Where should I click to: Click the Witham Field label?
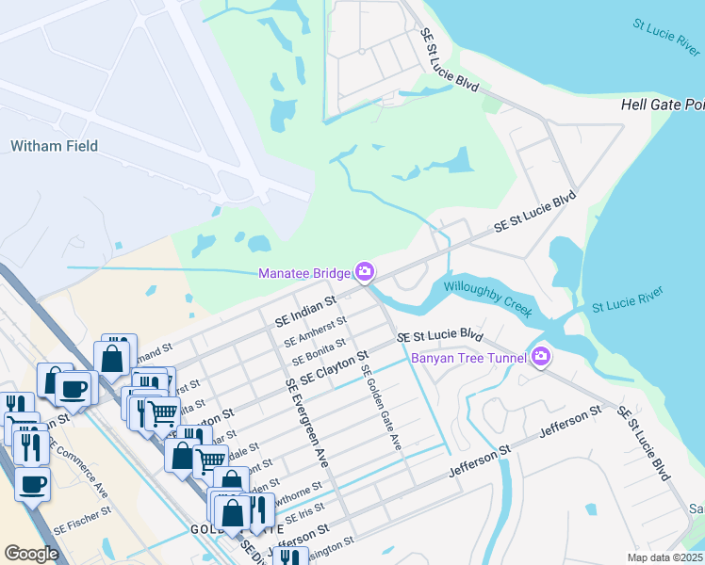click(x=54, y=146)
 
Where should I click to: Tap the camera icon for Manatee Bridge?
click(x=364, y=273)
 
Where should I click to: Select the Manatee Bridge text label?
click(x=303, y=273)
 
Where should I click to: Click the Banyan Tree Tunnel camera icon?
click(x=541, y=355)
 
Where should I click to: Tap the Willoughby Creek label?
click(x=488, y=298)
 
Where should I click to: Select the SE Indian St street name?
click(x=305, y=313)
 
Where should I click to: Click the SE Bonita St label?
click(x=319, y=351)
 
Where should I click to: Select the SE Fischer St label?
click(x=82, y=533)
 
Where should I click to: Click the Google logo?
click(x=31, y=554)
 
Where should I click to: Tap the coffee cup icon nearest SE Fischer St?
click(x=33, y=486)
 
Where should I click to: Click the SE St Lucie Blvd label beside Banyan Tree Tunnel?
click(x=439, y=336)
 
